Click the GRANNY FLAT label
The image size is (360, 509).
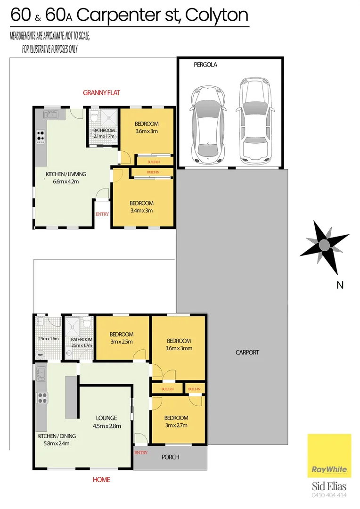101,93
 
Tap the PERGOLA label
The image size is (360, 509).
205,65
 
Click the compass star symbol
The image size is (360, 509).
324,246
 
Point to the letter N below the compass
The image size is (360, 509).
340,285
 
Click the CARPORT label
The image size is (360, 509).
247,352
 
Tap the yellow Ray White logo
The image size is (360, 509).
329,456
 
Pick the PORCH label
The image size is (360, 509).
171,457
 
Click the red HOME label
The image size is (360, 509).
101,480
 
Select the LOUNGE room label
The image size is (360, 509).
106,418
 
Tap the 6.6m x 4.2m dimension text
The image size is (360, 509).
65,181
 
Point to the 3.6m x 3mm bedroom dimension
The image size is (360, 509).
178,349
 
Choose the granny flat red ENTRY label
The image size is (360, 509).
102,214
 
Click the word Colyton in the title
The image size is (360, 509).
216,15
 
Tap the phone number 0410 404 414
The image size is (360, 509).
329,495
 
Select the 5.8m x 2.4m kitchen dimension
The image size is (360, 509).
54,443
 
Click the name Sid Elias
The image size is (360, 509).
329,486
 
